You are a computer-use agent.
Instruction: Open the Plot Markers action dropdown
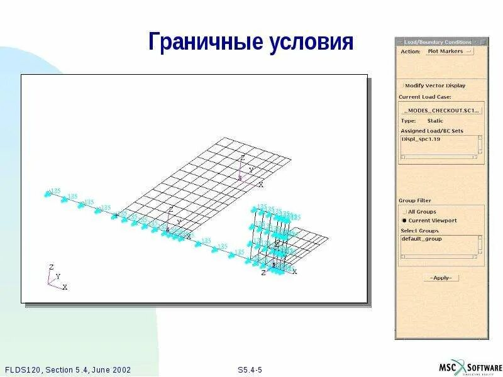449,52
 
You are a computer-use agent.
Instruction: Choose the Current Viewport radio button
404,221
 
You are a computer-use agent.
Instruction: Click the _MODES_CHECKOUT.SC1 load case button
441,110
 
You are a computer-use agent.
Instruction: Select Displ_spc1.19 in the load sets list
422,139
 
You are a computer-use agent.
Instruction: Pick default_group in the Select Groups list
422,239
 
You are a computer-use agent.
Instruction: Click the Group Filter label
415,200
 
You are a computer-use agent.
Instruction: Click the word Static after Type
435,121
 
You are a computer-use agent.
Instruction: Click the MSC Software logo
470,368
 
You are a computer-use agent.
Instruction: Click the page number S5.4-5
250,369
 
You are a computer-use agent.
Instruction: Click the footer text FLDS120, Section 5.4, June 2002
67,369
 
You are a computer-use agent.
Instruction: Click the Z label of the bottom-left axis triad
51,267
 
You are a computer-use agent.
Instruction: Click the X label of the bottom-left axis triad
65,287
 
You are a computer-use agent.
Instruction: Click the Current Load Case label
424,97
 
